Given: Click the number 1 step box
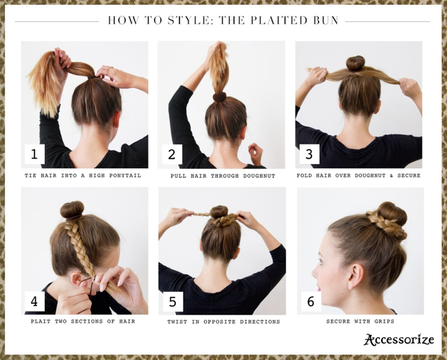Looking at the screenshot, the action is [x=34, y=154].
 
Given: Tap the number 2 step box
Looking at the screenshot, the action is [x=172, y=154].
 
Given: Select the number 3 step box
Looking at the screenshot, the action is [x=309, y=154].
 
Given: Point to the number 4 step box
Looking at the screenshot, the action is [x=34, y=301].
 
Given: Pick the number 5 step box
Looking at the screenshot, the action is [x=173, y=302].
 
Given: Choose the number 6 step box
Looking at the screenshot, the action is [x=311, y=302].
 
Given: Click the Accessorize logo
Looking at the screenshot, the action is [x=399, y=339].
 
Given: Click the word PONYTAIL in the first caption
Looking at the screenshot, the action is [x=125, y=176].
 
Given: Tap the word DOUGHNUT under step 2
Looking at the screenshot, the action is [x=259, y=176].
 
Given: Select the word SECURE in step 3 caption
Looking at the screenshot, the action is [x=408, y=175].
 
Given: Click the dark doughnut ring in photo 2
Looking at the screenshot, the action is [x=219, y=97].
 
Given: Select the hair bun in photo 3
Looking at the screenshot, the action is [x=356, y=63].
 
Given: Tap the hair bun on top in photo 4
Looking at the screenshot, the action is [x=72, y=210].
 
